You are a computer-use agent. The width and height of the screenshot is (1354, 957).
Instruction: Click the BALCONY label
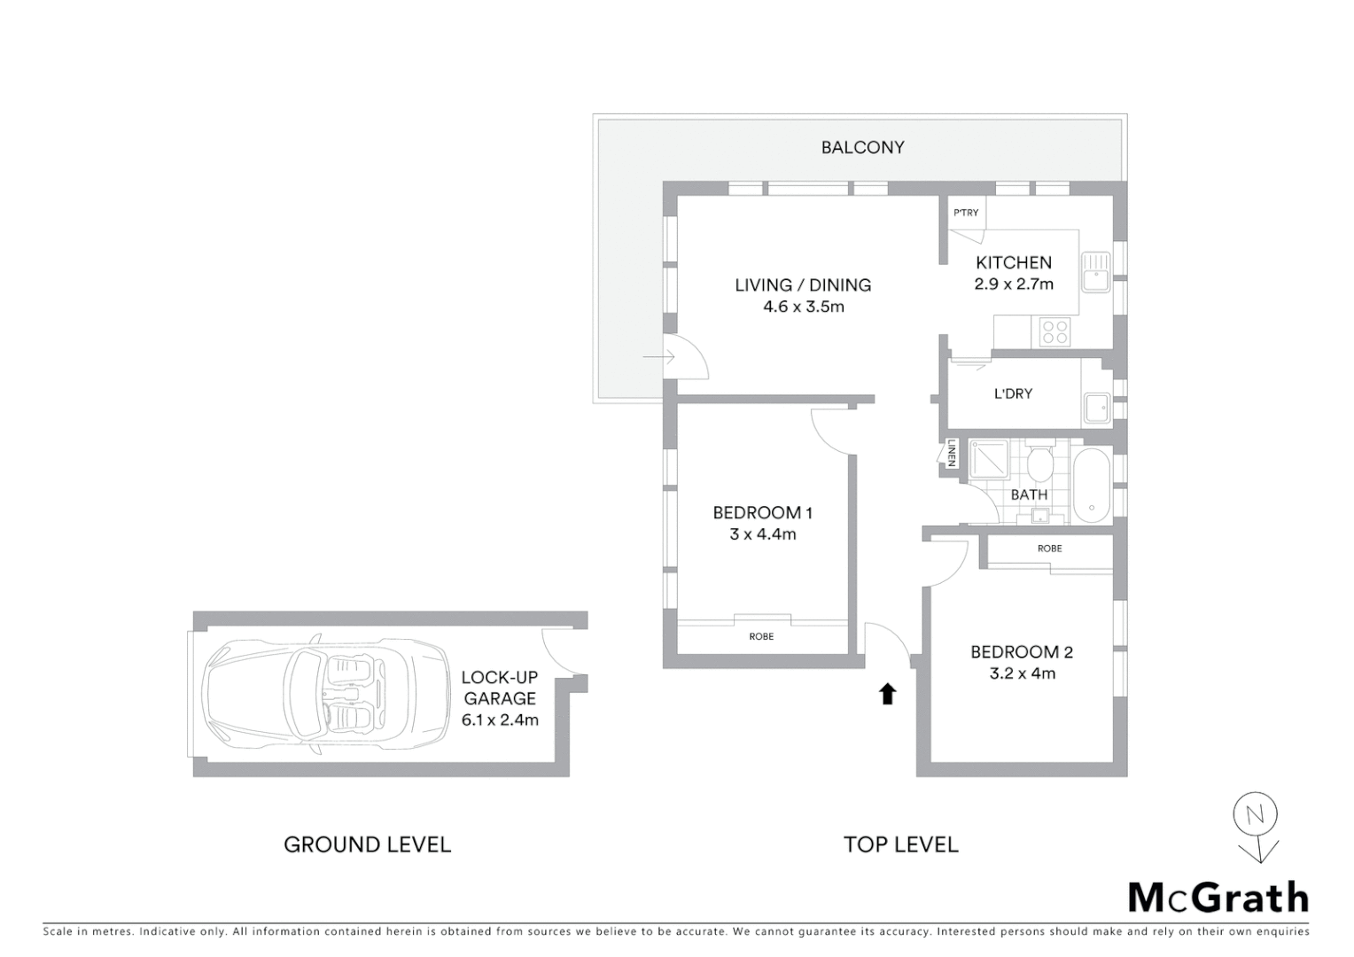(862, 147)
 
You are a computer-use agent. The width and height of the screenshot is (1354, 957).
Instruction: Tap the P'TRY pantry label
(966, 213)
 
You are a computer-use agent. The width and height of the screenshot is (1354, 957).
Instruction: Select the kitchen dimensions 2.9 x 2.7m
(1014, 284)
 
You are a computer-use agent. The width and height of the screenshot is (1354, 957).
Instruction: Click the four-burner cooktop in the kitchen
(1054, 331)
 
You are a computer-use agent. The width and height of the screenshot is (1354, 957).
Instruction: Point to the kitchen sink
(1095, 271)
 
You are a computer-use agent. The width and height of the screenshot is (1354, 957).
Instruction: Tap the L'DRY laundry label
(1013, 393)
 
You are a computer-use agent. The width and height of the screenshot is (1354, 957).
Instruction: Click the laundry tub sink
(1095, 408)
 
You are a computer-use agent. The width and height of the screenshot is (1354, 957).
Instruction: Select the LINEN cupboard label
(952, 453)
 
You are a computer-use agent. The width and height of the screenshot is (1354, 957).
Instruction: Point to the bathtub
(1091, 486)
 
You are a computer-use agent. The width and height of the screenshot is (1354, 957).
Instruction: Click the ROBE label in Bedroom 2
(1049, 549)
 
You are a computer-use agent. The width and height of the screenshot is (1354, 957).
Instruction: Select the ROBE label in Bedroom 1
(761, 636)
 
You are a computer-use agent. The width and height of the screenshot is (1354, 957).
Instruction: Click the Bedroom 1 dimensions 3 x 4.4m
(763, 534)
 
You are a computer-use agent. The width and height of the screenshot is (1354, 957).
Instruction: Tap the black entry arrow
(887, 694)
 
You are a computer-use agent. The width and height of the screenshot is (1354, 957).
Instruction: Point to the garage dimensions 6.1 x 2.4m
(500, 720)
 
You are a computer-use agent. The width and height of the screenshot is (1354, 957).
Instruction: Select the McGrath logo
(1218, 898)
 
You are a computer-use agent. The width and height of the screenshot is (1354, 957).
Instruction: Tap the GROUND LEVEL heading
(367, 844)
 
